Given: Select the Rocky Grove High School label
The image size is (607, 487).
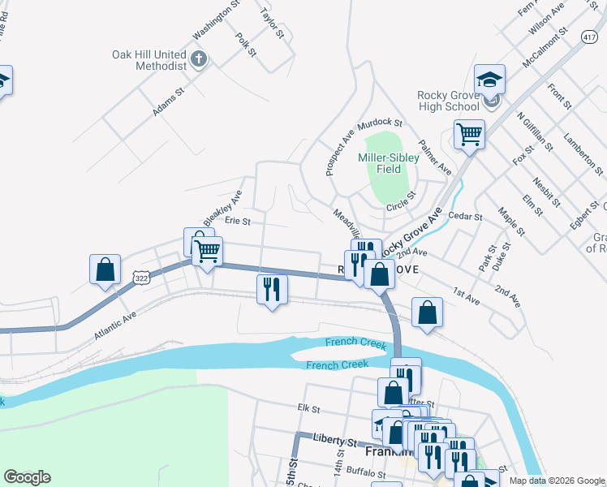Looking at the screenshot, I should coord(448,101).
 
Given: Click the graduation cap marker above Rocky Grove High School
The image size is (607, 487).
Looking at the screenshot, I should coord(490,80).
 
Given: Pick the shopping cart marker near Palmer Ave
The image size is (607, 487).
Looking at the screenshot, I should coord(469,134).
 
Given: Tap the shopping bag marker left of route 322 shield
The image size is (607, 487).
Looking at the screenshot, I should coord(105,269).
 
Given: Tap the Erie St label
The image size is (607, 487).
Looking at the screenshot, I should coord(238,220).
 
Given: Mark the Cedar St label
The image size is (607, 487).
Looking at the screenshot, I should coord(465,217).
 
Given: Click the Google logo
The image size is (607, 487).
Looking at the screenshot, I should coord(27,477).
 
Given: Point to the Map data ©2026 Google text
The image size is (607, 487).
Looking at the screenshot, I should coord(556,481).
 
